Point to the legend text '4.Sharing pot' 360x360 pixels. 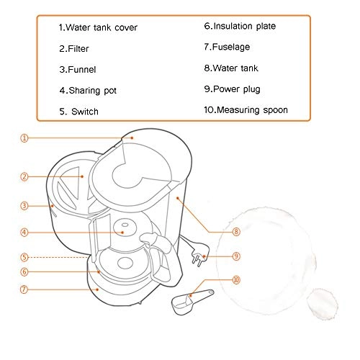click(x=88, y=91)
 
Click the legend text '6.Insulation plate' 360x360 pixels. click(x=240, y=26)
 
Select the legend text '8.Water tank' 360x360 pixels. click(x=231, y=68)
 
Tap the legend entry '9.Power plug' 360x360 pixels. click(x=232, y=89)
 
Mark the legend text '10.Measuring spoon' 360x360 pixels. click(x=246, y=109)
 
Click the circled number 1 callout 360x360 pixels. click(x=24, y=138)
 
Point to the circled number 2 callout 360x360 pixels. click(x=24, y=176)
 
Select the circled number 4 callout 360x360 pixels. click(x=24, y=233)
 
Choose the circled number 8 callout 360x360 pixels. click(x=236, y=232)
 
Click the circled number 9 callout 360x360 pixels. click(x=236, y=255)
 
